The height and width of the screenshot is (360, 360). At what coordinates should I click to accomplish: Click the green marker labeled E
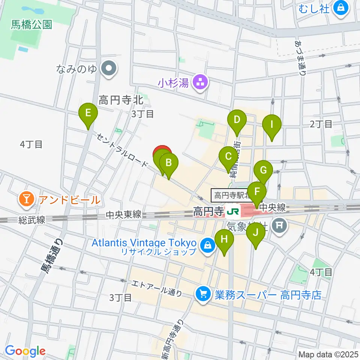[x=88, y=113]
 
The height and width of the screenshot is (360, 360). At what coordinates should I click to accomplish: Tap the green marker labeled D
[x=237, y=120]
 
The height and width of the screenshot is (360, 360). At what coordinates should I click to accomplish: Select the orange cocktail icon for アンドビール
[x=27, y=199]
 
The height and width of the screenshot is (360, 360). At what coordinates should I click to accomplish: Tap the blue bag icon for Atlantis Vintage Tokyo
[x=207, y=245]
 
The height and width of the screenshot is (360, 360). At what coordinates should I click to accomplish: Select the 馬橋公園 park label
[x=31, y=25]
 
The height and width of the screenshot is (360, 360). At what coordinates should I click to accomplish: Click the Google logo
[x=25, y=351]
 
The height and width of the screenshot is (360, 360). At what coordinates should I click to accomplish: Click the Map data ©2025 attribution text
[x=328, y=354]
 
